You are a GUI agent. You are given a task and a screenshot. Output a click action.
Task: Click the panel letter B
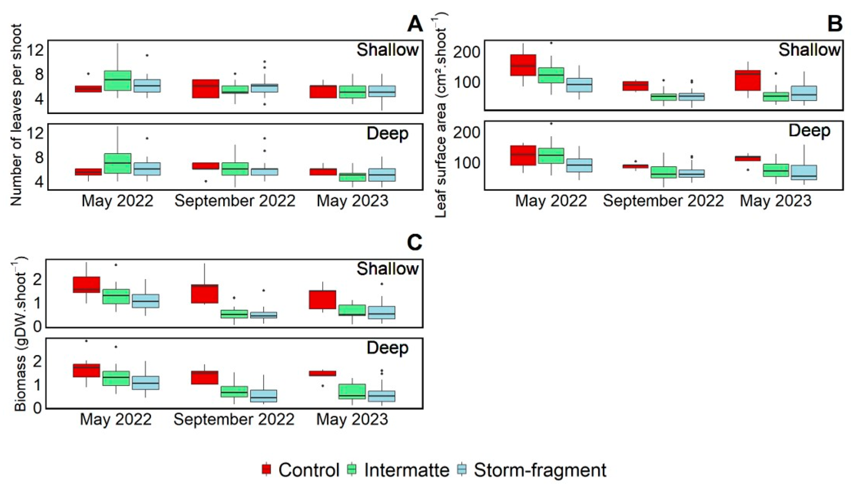(x=835, y=24)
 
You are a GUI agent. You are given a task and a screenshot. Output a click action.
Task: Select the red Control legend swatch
(x=266, y=470)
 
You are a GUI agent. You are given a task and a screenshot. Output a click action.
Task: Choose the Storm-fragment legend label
(x=540, y=470)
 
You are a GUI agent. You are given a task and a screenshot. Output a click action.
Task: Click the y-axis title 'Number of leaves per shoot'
(x=16, y=115)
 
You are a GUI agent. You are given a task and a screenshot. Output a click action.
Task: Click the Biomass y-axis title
(x=20, y=334)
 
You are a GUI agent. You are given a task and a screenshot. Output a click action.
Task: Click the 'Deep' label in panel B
(x=809, y=131)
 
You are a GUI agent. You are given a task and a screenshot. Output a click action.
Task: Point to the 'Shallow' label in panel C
(x=387, y=268)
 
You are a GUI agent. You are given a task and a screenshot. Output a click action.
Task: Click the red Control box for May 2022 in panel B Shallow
(x=523, y=65)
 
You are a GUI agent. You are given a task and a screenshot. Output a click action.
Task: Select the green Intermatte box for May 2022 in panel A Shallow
(x=118, y=80)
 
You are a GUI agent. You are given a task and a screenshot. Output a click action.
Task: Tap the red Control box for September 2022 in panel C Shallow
(x=204, y=294)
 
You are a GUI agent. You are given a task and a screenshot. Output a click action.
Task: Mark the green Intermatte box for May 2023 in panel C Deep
(x=352, y=391)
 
